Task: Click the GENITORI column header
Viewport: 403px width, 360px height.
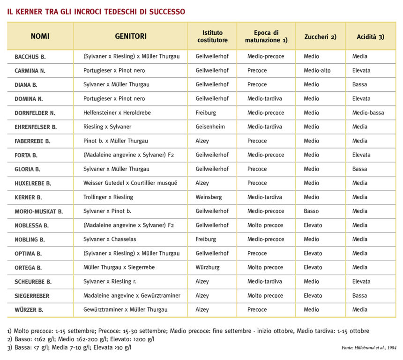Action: point(131,36)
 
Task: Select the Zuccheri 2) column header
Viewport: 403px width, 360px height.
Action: point(320,36)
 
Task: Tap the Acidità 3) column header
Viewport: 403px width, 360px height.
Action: point(370,36)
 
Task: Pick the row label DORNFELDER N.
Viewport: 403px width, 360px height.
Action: point(35,113)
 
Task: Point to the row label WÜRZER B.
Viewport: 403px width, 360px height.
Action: point(29,310)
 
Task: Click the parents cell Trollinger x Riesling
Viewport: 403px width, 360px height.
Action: point(108,197)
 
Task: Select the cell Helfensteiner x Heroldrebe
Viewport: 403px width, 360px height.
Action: point(117,112)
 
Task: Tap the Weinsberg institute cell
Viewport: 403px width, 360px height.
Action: point(209,197)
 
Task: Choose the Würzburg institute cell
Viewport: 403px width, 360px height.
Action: point(208,267)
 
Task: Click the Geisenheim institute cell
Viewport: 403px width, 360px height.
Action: point(210,127)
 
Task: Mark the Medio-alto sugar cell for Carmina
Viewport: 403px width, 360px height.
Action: point(317,70)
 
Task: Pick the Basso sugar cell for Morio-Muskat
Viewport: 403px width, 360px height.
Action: point(311,211)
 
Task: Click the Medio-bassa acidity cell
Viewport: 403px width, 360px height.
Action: point(368,112)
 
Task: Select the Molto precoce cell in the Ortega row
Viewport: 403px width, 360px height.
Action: point(265,267)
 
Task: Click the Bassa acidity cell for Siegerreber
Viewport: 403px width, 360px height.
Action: point(359,295)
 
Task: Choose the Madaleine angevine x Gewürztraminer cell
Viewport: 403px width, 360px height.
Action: point(132,295)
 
